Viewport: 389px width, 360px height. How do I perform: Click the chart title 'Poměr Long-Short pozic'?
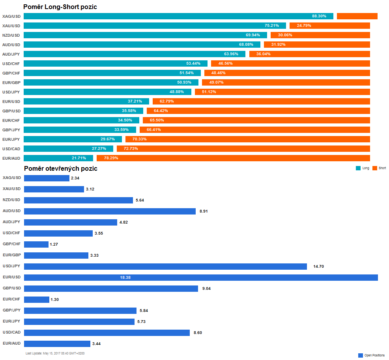click(60, 7)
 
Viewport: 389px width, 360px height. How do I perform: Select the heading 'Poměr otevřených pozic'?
click(60, 168)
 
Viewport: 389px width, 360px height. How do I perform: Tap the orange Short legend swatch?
click(375, 168)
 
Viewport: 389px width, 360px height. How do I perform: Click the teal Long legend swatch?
click(358, 168)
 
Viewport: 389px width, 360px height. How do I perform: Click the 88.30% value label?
click(319, 16)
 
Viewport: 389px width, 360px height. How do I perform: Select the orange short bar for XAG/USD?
click(357, 16)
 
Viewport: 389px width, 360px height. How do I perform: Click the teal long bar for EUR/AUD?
click(58, 158)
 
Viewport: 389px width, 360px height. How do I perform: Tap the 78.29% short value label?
click(111, 158)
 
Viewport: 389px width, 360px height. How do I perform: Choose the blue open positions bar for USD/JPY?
click(165, 267)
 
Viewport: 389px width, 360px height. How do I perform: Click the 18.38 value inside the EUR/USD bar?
click(125, 278)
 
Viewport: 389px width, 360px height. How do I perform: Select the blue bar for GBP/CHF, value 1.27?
click(36, 244)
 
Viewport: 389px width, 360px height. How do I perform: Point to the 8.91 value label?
click(204, 211)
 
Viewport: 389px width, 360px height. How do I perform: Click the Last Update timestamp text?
click(55, 353)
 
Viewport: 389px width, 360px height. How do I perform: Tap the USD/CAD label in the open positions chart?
click(11, 332)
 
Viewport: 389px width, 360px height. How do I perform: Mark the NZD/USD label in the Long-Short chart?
click(11, 35)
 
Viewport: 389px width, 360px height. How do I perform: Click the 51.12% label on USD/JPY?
click(209, 92)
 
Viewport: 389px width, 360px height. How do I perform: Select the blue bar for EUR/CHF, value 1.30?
click(37, 300)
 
